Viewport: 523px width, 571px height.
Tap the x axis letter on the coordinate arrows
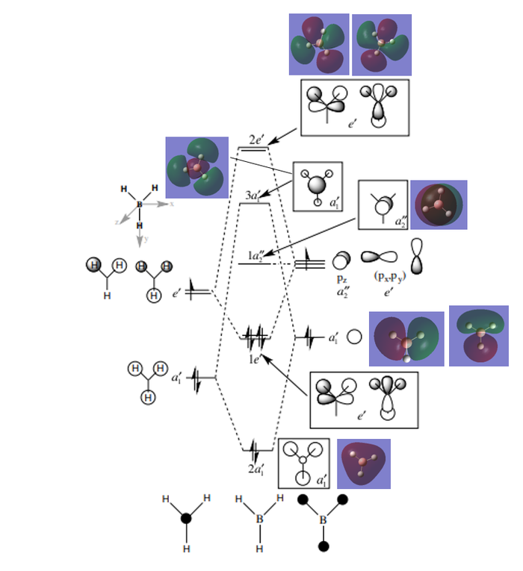[171, 202]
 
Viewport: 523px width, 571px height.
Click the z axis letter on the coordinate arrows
[117, 222]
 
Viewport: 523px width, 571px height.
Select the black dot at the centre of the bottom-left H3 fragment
[186, 518]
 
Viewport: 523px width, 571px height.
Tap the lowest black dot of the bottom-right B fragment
[324, 546]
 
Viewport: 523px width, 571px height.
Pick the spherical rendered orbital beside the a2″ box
[439, 205]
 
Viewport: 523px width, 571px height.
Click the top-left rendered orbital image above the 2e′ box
[318, 45]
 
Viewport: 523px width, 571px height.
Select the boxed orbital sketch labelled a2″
[383, 205]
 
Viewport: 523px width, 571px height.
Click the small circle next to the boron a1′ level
[355, 337]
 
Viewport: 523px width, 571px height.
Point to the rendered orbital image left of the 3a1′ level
[196, 167]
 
